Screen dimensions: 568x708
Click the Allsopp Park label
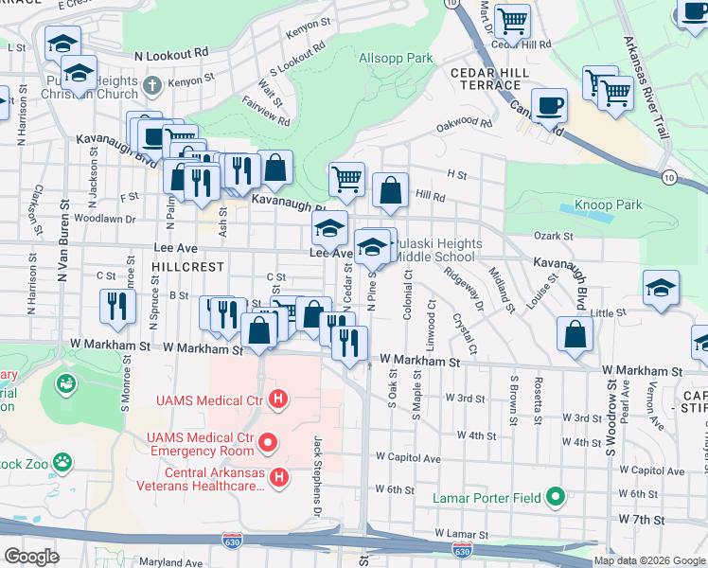click(x=396, y=59)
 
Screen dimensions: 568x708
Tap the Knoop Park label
click(x=609, y=204)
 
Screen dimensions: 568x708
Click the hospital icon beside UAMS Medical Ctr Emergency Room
click(x=269, y=442)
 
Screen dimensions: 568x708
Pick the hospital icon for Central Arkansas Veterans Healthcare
click(x=279, y=479)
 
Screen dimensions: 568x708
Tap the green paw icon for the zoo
click(x=62, y=463)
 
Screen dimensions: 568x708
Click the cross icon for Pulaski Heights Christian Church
click(x=152, y=88)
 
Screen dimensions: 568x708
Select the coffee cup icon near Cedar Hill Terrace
click(x=549, y=106)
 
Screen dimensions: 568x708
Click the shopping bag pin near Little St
click(x=575, y=334)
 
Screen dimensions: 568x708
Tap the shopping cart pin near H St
click(x=347, y=178)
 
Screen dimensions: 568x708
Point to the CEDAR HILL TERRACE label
click(x=486, y=79)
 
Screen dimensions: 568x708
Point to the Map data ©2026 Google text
click(x=649, y=560)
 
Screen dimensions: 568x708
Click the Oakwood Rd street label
click(x=465, y=124)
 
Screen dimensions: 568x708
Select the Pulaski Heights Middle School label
click(x=433, y=250)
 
